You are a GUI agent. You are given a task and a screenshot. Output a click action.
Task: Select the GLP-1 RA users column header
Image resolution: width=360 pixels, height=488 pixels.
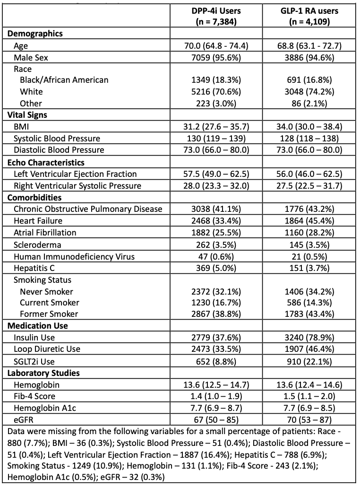(310, 17)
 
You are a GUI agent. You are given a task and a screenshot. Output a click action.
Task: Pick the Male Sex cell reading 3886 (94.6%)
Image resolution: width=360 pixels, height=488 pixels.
(310, 58)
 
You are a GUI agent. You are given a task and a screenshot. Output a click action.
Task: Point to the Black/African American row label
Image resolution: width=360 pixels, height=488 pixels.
(64, 80)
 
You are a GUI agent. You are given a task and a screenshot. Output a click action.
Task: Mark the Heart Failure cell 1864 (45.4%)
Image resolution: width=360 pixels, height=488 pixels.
(310, 221)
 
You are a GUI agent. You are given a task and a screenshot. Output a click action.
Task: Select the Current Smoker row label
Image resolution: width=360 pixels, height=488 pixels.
(50, 302)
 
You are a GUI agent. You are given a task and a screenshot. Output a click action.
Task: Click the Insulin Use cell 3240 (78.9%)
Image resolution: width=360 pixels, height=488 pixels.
(310, 337)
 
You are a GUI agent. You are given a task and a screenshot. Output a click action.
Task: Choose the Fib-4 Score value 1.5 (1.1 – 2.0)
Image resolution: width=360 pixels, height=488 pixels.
(310, 396)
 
